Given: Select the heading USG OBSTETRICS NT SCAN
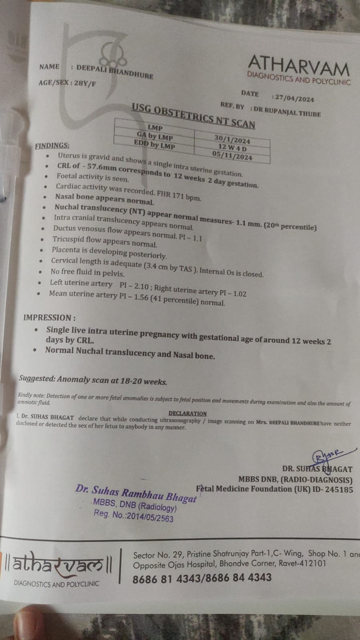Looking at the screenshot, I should coord(193,116).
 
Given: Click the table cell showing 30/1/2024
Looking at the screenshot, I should coord(232,139).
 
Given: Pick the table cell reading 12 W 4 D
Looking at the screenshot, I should coord(232,147).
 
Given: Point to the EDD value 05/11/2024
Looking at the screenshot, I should coord(232,156).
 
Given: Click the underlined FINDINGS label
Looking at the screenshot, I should coord(52,146).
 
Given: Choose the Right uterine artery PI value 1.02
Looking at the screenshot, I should coord(239,293).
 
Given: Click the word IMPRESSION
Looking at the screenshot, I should coord(47,317).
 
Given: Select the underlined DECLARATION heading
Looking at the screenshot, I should coord(187,413).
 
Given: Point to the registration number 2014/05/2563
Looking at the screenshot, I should coord(150,518).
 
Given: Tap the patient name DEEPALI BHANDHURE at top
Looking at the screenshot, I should coord(115,72).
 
